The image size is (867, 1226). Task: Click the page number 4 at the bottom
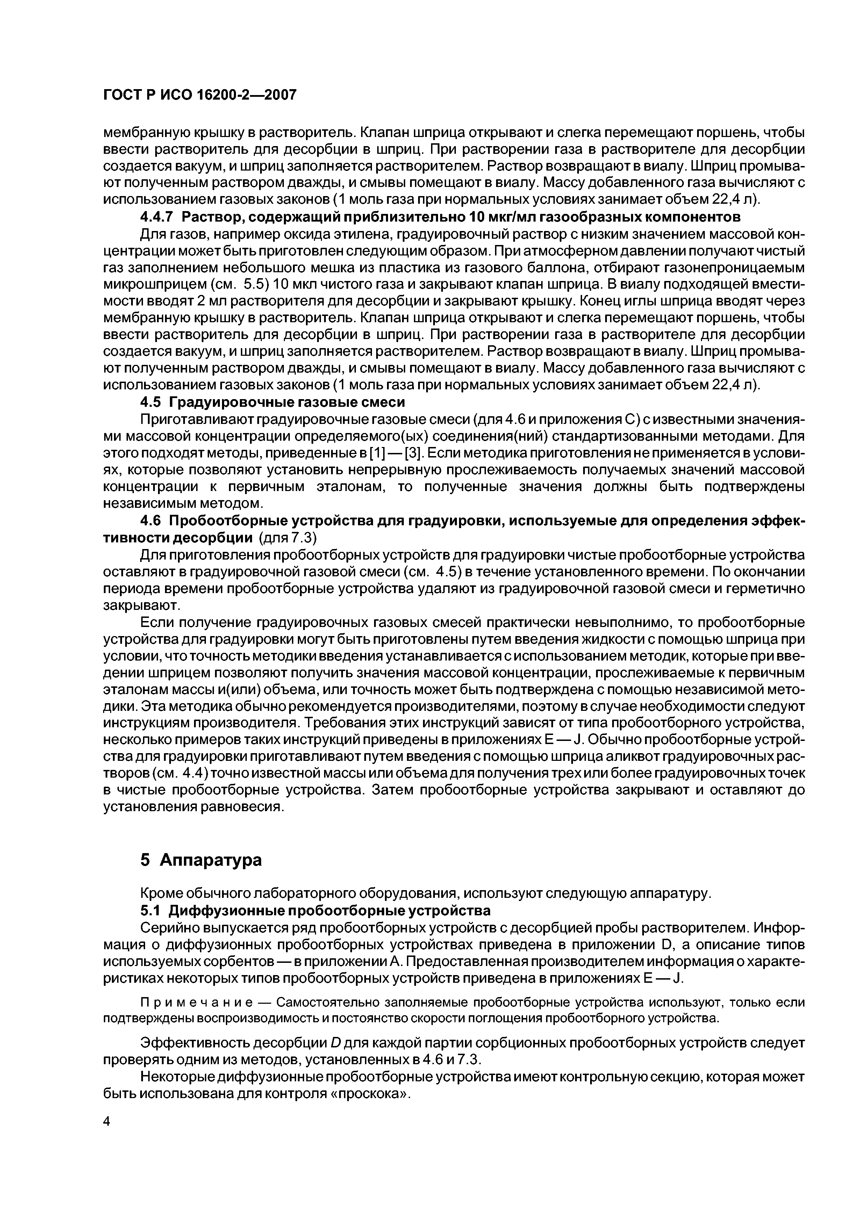(x=106, y=1122)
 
